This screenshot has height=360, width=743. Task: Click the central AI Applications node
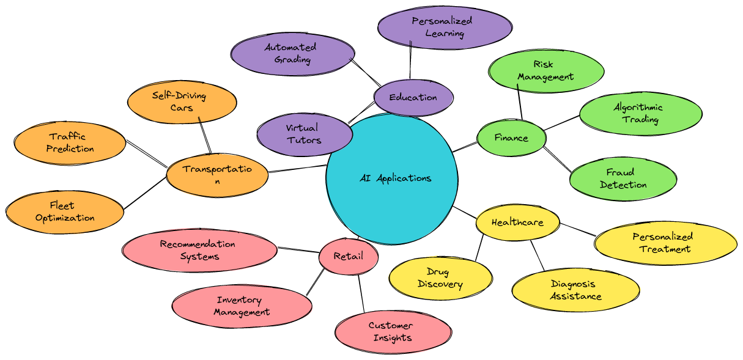(x=392, y=178)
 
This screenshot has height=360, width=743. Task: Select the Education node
(x=413, y=97)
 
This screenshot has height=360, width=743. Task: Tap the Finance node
(x=511, y=138)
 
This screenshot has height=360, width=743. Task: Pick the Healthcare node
(x=517, y=222)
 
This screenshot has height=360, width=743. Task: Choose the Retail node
(x=349, y=256)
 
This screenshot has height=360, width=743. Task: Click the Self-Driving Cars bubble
(x=182, y=102)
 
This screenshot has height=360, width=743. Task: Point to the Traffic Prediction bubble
(x=70, y=143)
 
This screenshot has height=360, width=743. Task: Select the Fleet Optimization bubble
(x=65, y=212)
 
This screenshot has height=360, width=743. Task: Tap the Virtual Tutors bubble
(x=305, y=134)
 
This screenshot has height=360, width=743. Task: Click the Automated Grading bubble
(x=292, y=54)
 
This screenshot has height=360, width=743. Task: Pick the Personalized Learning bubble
(x=445, y=28)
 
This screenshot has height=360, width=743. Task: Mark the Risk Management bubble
(x=546, y=71)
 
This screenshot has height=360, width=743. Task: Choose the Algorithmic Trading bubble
(x=641, y=114)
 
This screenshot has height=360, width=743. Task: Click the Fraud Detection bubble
(x=623, y=178)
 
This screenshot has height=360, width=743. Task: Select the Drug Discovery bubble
(x=440, y=279)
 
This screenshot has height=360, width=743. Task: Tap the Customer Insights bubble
(x=393, y=332)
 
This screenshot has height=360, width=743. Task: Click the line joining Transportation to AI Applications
(x=298, y=169)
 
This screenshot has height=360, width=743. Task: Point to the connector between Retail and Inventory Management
(x=315, y=282)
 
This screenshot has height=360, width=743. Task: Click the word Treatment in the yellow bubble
(x=665, y=249)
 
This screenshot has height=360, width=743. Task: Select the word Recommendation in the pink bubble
(x=198, y=244)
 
